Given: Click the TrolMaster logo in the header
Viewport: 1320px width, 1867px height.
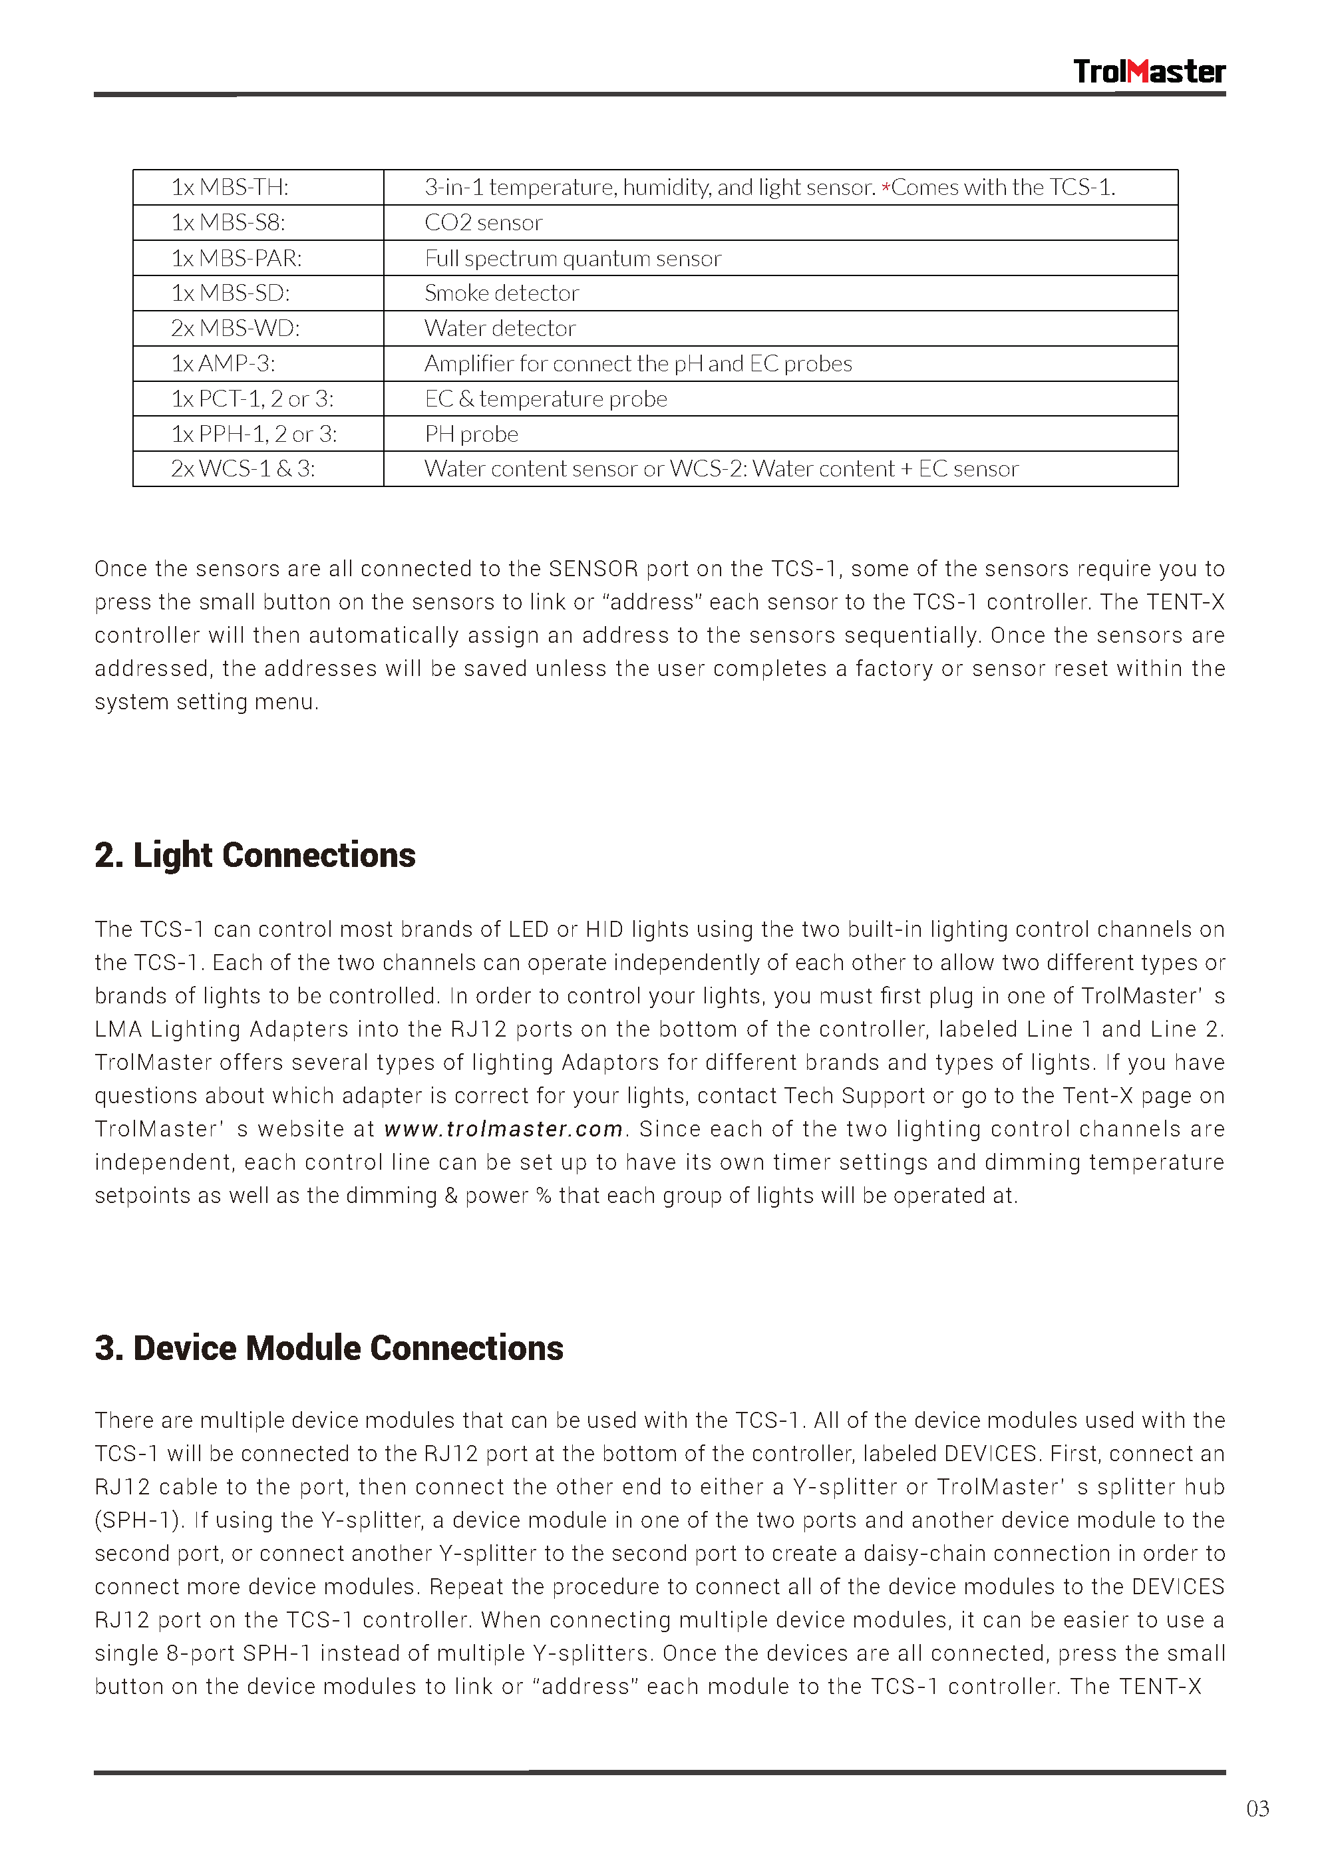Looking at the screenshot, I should click(1148, 72).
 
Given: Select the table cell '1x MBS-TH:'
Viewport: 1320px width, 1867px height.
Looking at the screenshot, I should click(230, 188).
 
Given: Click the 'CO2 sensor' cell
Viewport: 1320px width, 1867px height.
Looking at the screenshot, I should click(483, 223).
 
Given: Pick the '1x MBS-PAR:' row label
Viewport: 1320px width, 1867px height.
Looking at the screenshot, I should click(236, 259).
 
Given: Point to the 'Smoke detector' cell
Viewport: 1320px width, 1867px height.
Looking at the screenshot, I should click(501, 293).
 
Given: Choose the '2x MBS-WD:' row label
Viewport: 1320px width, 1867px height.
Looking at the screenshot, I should click(235, 329).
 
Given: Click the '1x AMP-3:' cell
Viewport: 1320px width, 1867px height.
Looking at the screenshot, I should click(223, 363).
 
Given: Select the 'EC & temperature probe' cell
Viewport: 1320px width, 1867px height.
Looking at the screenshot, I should click(545, 399).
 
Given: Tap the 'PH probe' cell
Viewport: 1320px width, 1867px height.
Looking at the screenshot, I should click(471, 434).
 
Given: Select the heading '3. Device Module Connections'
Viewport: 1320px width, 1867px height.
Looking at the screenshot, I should click(329, 1348).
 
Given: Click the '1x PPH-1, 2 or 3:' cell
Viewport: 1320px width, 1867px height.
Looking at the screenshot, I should click(253, 434).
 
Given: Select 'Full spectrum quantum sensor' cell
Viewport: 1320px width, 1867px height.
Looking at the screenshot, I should click(573, 259).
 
